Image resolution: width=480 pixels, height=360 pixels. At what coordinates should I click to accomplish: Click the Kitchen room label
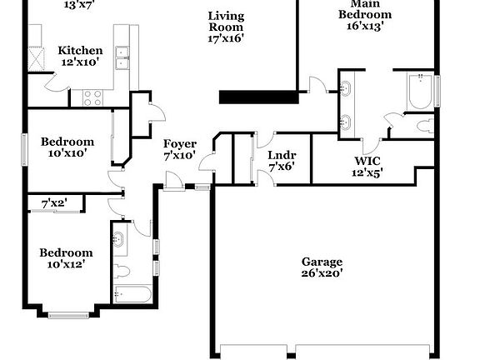tap(80, 51)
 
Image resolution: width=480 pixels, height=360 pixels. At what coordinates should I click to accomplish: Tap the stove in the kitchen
tap(92, 98)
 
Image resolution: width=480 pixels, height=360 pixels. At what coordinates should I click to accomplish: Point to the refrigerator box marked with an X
tap(36, 58)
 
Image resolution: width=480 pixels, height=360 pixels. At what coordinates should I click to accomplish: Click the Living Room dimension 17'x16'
tap(225, 38)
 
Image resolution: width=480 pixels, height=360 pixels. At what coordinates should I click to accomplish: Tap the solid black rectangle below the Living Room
tap(258, 97)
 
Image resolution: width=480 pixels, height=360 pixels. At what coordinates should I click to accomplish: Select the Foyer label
tap(179, 144)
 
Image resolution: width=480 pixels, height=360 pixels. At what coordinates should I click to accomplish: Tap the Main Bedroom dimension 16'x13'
tap(364, 26)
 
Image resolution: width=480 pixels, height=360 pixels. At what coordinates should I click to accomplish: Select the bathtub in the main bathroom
tap(419, 91)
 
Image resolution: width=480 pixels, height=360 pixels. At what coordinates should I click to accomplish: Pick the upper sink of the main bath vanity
tap(347, 87)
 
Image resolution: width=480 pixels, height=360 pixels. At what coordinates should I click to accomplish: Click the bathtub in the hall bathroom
tap(132, 294)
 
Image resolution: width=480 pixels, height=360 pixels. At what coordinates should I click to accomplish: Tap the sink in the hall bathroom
tap(119, 242)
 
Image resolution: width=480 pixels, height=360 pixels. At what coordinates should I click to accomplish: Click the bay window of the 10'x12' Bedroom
tap(68, 314)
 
